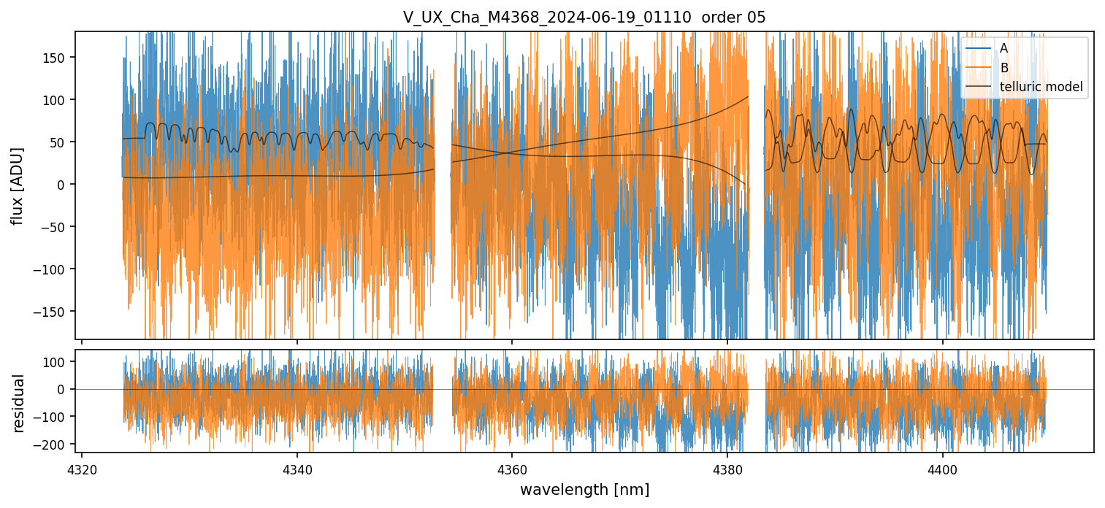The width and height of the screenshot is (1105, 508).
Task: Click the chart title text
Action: pyautogui.click(x=584, y=18)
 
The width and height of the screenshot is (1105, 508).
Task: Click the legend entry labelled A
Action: pyautogui.click(x=1004, y=48)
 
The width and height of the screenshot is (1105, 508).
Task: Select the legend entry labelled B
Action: pyautogui.click(x=1004, y=69)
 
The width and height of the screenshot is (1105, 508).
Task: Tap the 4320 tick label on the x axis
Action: pyautogui.click(x=81, y=467)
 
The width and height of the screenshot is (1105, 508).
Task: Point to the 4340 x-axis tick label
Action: pyautogui.click(x=297, y=467)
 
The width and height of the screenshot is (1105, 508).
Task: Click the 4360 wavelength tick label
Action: pyautogui.click(x=511, y=467)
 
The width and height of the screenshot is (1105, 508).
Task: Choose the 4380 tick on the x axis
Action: pyautogui.click(x=727, y=467)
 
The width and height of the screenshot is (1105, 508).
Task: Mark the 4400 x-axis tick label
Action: pyautogui.click(x=942, y=467)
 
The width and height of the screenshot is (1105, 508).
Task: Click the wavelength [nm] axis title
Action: pyautogui.click(x=584, y=489)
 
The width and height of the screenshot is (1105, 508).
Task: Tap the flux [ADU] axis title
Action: pyautogui.click(x=17, y=185)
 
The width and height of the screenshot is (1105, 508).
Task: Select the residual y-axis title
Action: pyautogui.click(x=19, y=403)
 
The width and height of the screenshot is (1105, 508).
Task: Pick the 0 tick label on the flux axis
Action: pyautogui.click(x=64, y=185)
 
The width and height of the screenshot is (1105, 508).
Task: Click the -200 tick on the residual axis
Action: pyautogui.click(x=51, y=444)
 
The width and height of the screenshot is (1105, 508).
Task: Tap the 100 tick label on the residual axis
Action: pyautogui.click(x=55, y=362)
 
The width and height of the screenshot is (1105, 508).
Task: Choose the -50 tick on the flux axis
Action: pyautogui.click(x=54, y=227)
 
